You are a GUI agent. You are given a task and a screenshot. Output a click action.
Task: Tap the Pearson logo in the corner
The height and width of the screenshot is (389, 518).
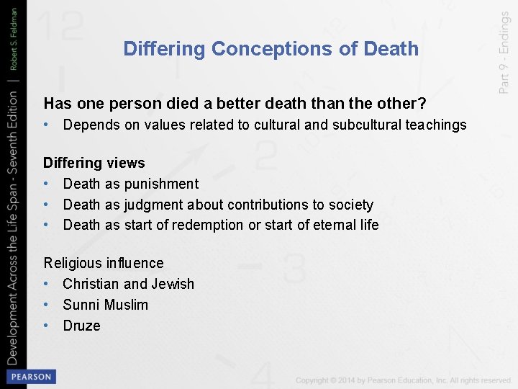(x=30, y=376)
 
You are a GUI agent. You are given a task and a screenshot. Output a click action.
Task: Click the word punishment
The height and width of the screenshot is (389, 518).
(x=161, y=184)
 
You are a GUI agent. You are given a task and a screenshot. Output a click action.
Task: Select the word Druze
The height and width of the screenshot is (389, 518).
(x=81, y=326)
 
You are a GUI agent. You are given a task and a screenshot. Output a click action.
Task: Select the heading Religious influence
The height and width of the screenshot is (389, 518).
(x=104, y=263)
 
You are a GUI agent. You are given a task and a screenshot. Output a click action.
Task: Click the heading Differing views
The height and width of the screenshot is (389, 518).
(x=94, y=163)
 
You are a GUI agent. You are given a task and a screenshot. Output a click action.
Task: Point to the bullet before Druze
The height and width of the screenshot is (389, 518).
(x=47, y=326)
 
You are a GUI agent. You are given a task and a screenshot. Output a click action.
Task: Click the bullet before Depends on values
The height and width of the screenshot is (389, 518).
(x=47, y=125)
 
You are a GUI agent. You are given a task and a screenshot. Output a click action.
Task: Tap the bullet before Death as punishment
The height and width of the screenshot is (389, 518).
(x=47, y=184)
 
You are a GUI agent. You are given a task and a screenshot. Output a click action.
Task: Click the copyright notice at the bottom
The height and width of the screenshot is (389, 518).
(x=403, y=380)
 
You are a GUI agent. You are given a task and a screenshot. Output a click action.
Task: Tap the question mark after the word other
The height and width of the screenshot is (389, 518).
(x=422, y=104)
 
